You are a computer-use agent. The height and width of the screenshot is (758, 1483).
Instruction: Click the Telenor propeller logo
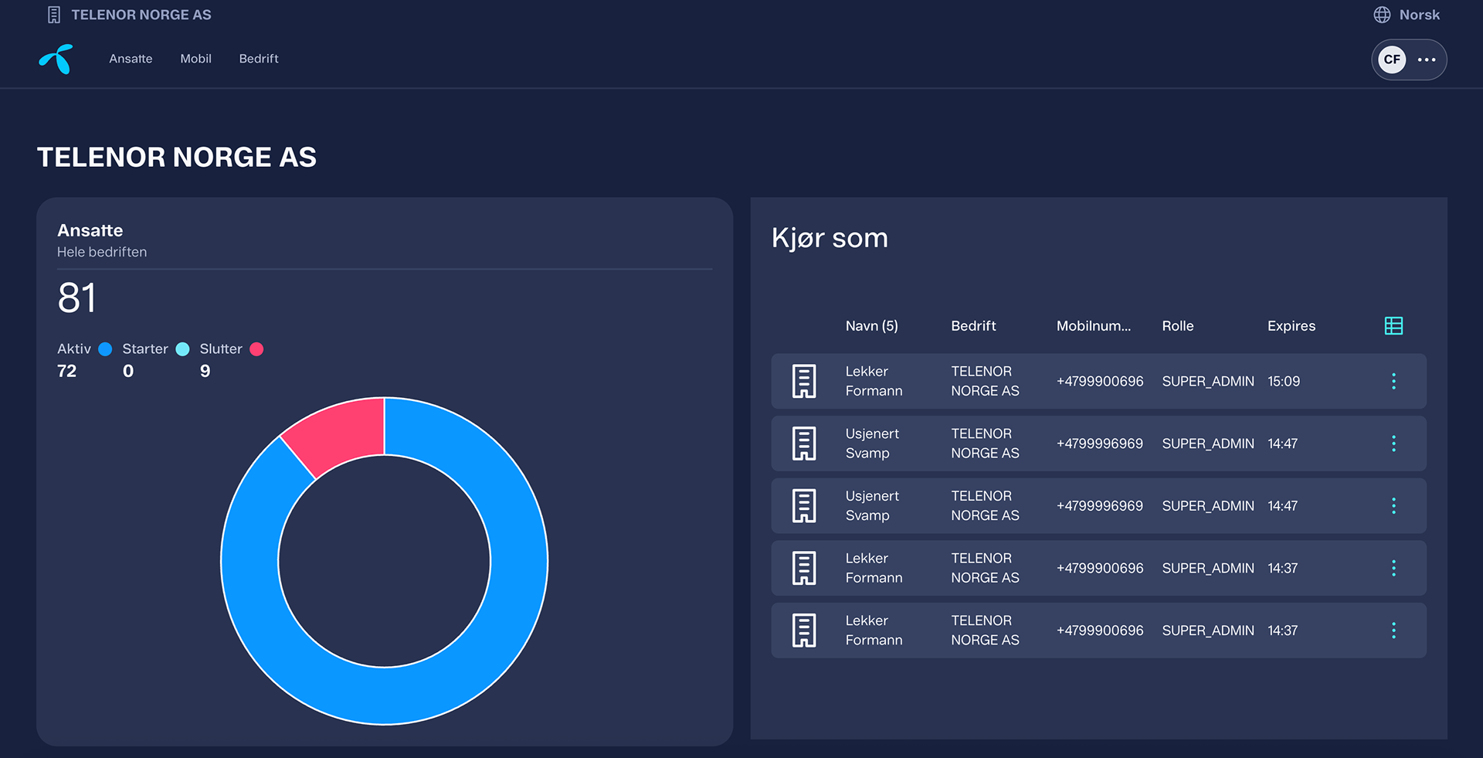pos(56,59)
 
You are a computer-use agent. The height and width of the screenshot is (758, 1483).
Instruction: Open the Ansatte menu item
pos(131,59)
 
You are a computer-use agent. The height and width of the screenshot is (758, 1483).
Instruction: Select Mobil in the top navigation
pos(195,59)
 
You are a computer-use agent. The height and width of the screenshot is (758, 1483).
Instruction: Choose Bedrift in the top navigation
pos(259,59)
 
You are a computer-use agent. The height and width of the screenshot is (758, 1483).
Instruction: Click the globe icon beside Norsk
pos(1382,15)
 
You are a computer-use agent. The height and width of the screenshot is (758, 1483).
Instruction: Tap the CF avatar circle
pos(1392,59)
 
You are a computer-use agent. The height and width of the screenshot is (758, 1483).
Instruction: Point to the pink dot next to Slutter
pos(256,349)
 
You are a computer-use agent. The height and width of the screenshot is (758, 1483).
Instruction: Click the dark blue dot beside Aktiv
pos(105,349)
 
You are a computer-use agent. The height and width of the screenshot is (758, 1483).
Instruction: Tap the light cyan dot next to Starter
pos(182,349)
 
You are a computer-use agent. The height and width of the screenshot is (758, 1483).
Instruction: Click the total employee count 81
pos(77,298)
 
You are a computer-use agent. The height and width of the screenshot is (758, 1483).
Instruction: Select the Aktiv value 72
pos(66,371)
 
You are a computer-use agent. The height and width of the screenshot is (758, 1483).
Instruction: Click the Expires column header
pos(1291,326)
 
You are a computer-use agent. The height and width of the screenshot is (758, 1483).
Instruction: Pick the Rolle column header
pos(1178,326)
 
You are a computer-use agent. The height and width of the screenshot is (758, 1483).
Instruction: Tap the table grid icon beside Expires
pos(1393,326)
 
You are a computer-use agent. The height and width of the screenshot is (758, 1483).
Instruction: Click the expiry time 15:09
pos(1284,381)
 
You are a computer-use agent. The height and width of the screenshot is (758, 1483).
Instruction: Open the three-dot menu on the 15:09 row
pos(1393,381)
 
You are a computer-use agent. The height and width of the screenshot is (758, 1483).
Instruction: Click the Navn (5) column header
pos(872,326)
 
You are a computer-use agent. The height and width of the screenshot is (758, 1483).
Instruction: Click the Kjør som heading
pos(830,239)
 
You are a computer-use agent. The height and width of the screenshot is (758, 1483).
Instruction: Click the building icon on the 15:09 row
pos(804,381)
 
